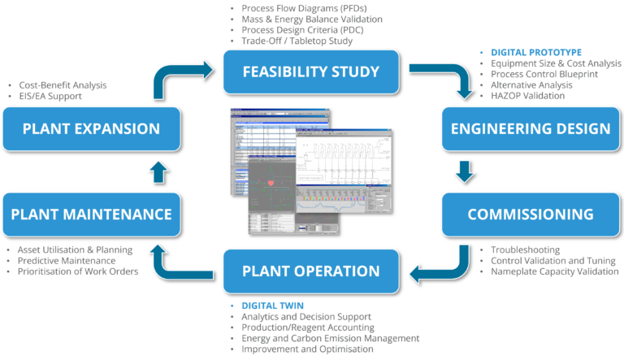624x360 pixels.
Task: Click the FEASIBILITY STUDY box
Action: pos(310,72)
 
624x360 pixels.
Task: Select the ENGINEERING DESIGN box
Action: pos(531,128)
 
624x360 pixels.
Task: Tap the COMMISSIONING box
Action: pos(531,214)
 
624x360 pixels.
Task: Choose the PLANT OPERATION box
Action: pos(310,271)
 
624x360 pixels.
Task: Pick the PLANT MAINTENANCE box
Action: pos(91,214)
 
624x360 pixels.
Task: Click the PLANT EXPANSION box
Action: pos(91,128)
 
